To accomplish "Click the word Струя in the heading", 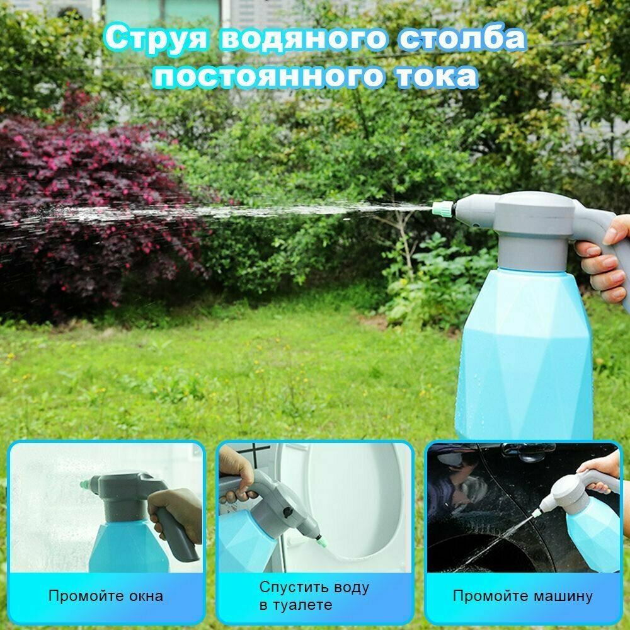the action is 156,39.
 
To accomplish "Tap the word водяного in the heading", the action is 304,39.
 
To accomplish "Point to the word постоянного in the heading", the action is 268,76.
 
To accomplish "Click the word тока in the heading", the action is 438,76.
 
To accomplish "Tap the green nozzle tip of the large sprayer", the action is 442,209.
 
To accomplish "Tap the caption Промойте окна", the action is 106,595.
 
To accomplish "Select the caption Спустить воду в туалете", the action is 314,595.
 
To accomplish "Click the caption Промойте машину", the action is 523,595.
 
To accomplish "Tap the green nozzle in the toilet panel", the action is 321,542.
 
